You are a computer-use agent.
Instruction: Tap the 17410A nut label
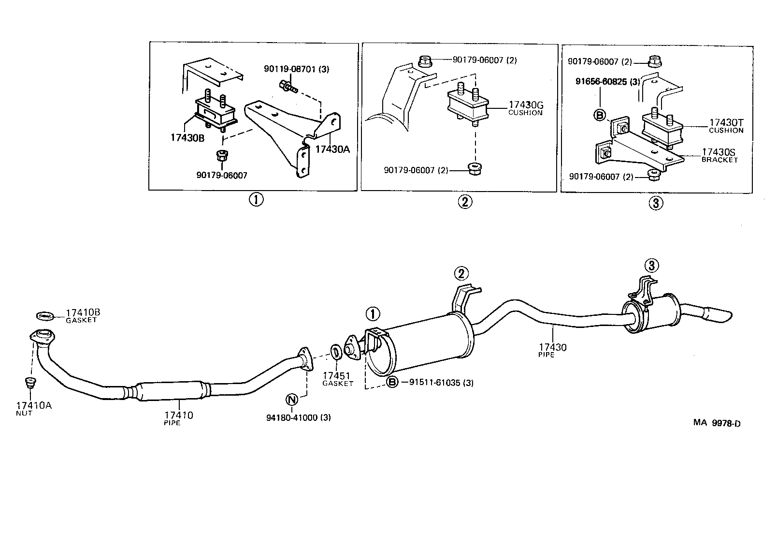(34, 405)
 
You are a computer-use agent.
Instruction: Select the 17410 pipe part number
(178, 415)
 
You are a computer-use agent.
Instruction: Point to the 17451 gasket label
(337, 376)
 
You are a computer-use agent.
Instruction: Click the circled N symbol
(291, 400)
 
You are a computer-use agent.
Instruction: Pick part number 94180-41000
(298, 417)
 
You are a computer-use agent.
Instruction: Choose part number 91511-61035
(441, 383)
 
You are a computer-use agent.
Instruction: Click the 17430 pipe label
(553, 347)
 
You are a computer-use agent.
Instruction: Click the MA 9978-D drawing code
(717, 423)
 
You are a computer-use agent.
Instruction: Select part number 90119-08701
(296, 69)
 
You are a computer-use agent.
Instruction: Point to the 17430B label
(187, 138)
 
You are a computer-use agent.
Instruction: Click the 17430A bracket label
(332, 149)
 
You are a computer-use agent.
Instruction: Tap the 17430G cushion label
(526, 104)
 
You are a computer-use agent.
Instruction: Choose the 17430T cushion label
(726, 123)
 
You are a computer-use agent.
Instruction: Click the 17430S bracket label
(719, 152)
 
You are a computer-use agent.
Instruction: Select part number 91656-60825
(607, 82)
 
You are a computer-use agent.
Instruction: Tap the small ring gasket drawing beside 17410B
(45, 316)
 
